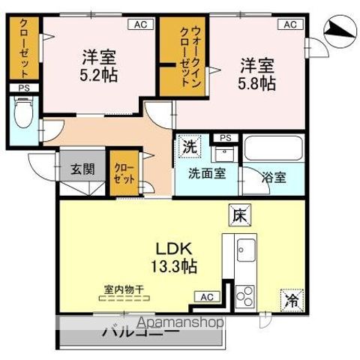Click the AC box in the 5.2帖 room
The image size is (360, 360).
[x=139, y=24]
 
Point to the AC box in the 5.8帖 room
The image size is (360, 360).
[x=290, y=24]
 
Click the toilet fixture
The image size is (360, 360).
[x=22, y=115]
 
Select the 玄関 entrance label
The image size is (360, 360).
[x=82, y=169]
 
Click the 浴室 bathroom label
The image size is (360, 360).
[x=273, y=178]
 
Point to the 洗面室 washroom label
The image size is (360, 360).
[x=206, y=178]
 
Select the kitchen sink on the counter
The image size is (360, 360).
[x=245, y=244]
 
